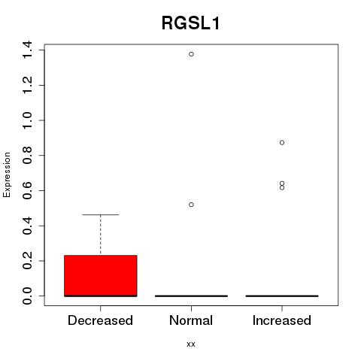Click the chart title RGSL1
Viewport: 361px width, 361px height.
tap(191, 23)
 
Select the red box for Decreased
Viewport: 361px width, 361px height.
tap(101, 276)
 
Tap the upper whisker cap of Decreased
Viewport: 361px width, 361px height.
tap(101, 214)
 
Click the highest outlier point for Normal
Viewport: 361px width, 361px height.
tap(191, 54)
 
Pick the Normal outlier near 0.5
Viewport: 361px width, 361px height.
tap(191, 205)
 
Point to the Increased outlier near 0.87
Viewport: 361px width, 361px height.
tap(282, 143)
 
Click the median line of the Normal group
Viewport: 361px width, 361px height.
tap(191, 296)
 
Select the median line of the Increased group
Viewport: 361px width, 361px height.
tap(282, 296)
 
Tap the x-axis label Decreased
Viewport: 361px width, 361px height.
tap(100, 320)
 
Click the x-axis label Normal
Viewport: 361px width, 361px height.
tap(191, 320)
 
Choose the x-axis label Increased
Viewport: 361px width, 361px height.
tap(282, 320)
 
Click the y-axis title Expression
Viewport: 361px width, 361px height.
tap(7, 174)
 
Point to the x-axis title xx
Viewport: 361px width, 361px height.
tap(191, 344)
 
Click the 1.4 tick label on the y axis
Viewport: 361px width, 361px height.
tap(27, 50)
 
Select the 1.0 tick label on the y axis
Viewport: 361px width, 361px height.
tap(27, 120)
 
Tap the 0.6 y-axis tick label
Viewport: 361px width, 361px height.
tap(27, 190)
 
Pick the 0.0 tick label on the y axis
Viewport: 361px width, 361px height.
tap(27, 296)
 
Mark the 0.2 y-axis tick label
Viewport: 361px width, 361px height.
tap(27, 261)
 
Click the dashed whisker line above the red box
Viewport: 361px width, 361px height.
tap(101, 235)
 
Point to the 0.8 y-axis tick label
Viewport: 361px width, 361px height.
tap(27, 156)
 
